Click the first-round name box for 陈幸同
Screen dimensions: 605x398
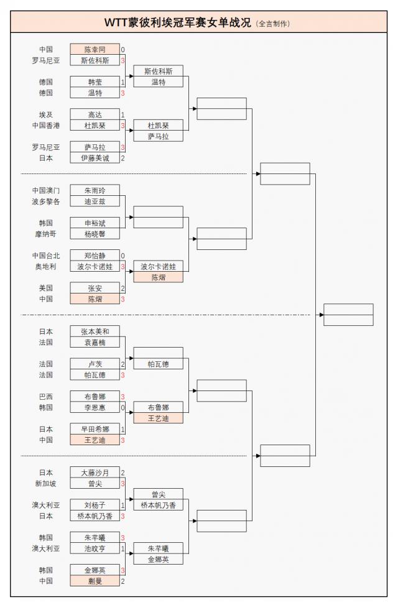pyautogui.click(x=95, y=49)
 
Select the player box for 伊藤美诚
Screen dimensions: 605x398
pyautogui.click(x=95, y=158)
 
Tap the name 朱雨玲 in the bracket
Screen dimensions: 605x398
pyautogui.click(x=95, y=190)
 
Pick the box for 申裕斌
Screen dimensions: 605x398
pyautogui.click(x=95, y=223)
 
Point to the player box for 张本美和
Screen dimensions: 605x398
pyautogui.click(x=95, y=331)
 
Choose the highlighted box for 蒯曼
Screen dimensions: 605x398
pyautogui.click(x=95, y=581)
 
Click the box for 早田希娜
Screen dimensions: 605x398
pyautogui.click(x=95, y=429)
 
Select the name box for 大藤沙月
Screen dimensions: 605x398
pyautogui.click(x=95, y=473)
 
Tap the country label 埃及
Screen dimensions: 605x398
pyautogui.click(x=46, y=114)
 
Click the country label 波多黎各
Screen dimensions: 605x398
pyautogui.click(x=46, y=201)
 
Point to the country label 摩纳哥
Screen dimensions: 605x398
pyautogui.click(x=46, y=234)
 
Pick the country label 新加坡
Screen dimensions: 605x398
pyautogui.click(x=46, y=483)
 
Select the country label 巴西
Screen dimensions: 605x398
pyautogui.click(x=46, y=397)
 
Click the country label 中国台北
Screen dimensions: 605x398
pyautogui.click(x=46, y=256)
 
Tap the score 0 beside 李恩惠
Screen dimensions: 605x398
pyautogui.click(x=123, y=407)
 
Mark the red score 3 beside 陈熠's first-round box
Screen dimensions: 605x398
pyautogui.click(x=123, y=299)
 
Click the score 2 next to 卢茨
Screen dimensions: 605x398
pyautogui.click(x=123, y=364)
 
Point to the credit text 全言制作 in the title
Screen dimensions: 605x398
pyautogui.click(x=273, y=24)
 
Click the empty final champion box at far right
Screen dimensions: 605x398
pyautogui.click(x=348, y=315)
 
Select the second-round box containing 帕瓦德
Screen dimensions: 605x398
pyautogui.click(x=158, y=364)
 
